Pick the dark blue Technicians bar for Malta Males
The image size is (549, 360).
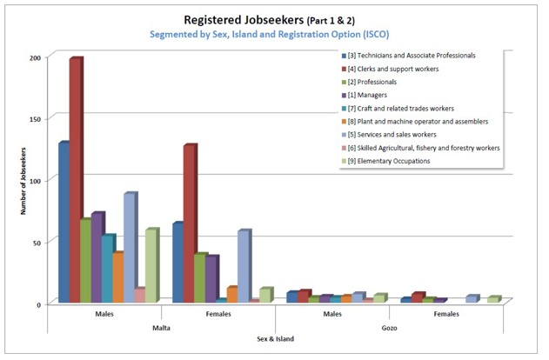(64, 222)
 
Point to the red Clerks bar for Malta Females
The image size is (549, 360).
(189, 223)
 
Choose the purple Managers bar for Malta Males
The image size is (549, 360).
(97, 257)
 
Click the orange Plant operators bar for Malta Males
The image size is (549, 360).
(118, 277)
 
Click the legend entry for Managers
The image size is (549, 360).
(368, 95)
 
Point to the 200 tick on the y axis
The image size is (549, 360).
(35, 57)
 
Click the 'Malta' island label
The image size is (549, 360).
(164, 327)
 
